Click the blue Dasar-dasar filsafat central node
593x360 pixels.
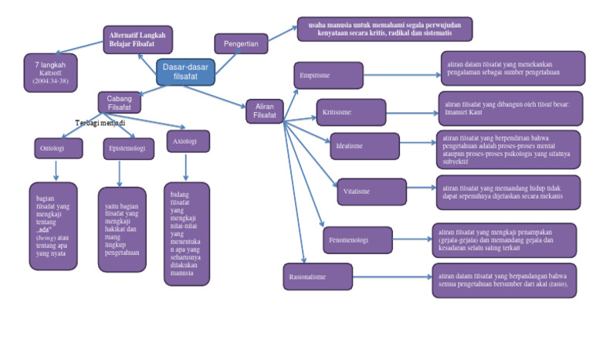pyautogui.click(x=185, y=72)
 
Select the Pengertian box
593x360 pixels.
pyautogui.click(x=241, y=44)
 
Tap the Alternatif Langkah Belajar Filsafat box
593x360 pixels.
pyautogui.click(x=137, y=39)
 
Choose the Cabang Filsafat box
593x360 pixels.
pyautogui.click(x=119, y=102)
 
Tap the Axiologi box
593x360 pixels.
pyautogui.click(x=188, y=141)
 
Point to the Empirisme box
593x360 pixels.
pyautogui.click(x=328, y=76)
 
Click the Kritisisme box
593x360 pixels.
pyautogui.click(x=351, y=113)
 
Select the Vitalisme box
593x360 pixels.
pyautogui.click(x=371, y=192)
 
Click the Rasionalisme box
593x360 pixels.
pyautogui.click(x=317, y=276)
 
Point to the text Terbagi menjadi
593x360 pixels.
pyautogui.click(x=100, y=123)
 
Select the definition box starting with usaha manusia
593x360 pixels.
pyautogui.click(x=385, y=29)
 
